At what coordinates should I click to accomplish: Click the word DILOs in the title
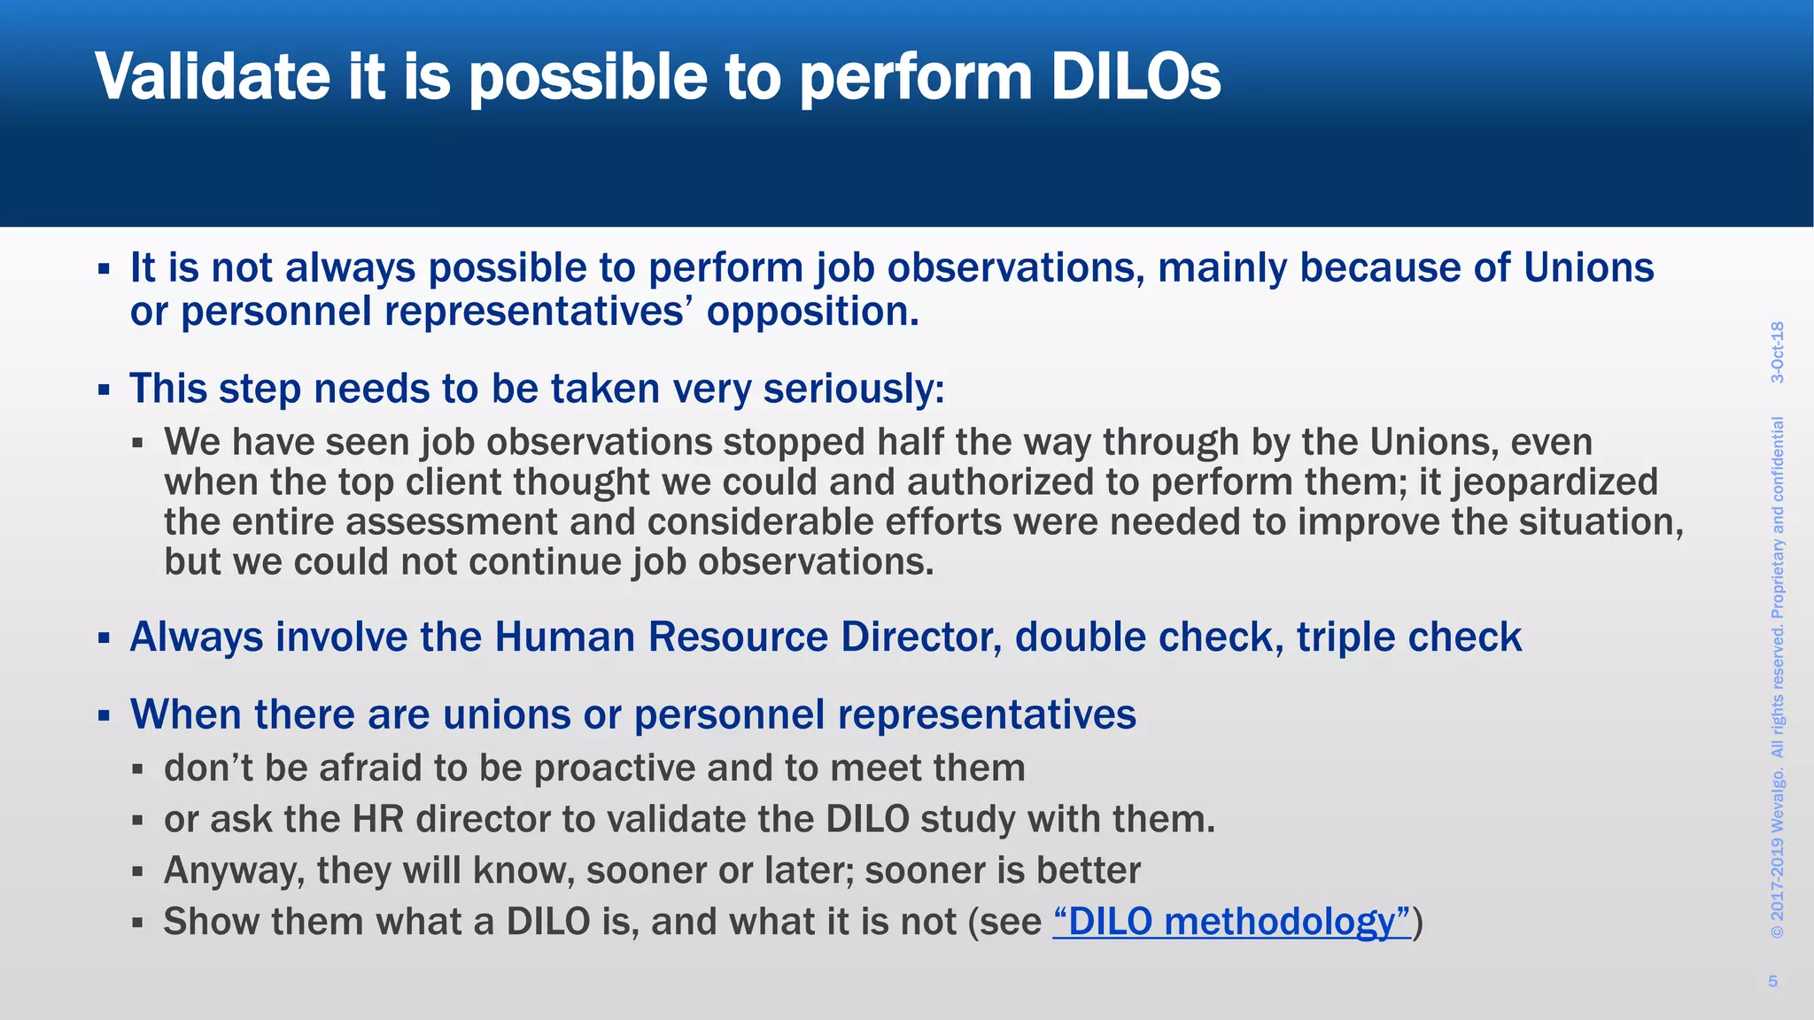1136,78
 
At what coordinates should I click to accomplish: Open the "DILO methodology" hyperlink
1231,922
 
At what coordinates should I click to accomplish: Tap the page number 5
1772,980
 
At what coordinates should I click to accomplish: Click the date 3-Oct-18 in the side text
1777,352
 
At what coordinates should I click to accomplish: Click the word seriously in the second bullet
853,390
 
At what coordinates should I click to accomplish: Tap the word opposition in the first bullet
811,312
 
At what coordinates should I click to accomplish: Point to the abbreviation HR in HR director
378,819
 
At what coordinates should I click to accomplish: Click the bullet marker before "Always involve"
104,637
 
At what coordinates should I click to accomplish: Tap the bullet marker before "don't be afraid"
137,769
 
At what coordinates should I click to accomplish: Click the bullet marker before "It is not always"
104,267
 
